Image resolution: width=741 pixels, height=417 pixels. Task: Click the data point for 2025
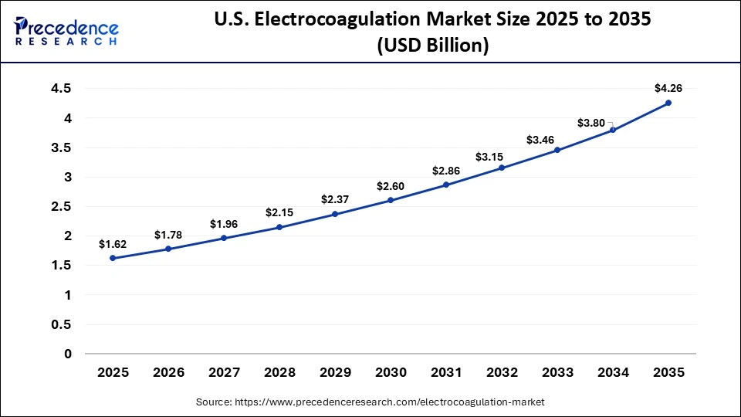[x=113, y=258]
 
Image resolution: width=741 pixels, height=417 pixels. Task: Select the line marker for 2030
[x=391, y=200]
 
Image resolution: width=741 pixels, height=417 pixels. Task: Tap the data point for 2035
[x=668, y=103]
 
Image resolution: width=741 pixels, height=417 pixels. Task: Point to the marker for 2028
[x=279, y=227]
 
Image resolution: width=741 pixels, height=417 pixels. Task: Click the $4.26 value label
[x=668, y=89]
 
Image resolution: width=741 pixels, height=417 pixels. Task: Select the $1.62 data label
[x=113, y=244]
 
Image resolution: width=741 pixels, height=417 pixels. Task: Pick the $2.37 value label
[x=335, y=199]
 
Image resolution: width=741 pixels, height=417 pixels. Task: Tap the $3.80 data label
[x=591, y=123]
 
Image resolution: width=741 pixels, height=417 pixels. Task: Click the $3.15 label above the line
[x=502, y=157]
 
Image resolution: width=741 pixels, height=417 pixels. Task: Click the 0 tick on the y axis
[x=67, y=354]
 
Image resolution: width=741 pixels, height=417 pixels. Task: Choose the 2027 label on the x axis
[x=224, y=372]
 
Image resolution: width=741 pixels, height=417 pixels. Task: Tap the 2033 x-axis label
[x=557, y=372]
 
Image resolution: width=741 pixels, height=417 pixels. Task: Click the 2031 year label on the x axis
[x=446, y=372]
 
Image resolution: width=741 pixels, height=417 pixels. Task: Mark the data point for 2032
[x=502, y=168]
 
